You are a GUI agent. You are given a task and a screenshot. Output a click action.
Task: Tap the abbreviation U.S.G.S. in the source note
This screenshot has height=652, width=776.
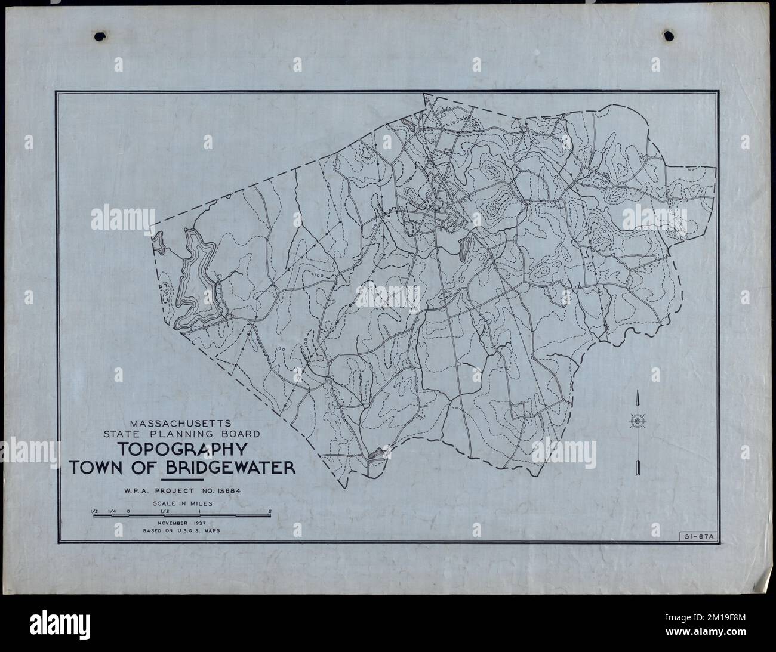point(187,531)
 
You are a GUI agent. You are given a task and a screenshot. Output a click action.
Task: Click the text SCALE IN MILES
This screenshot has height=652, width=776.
point(183,502)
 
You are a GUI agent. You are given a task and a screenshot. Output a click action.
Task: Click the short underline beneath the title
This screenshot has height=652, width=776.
point(183,480)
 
